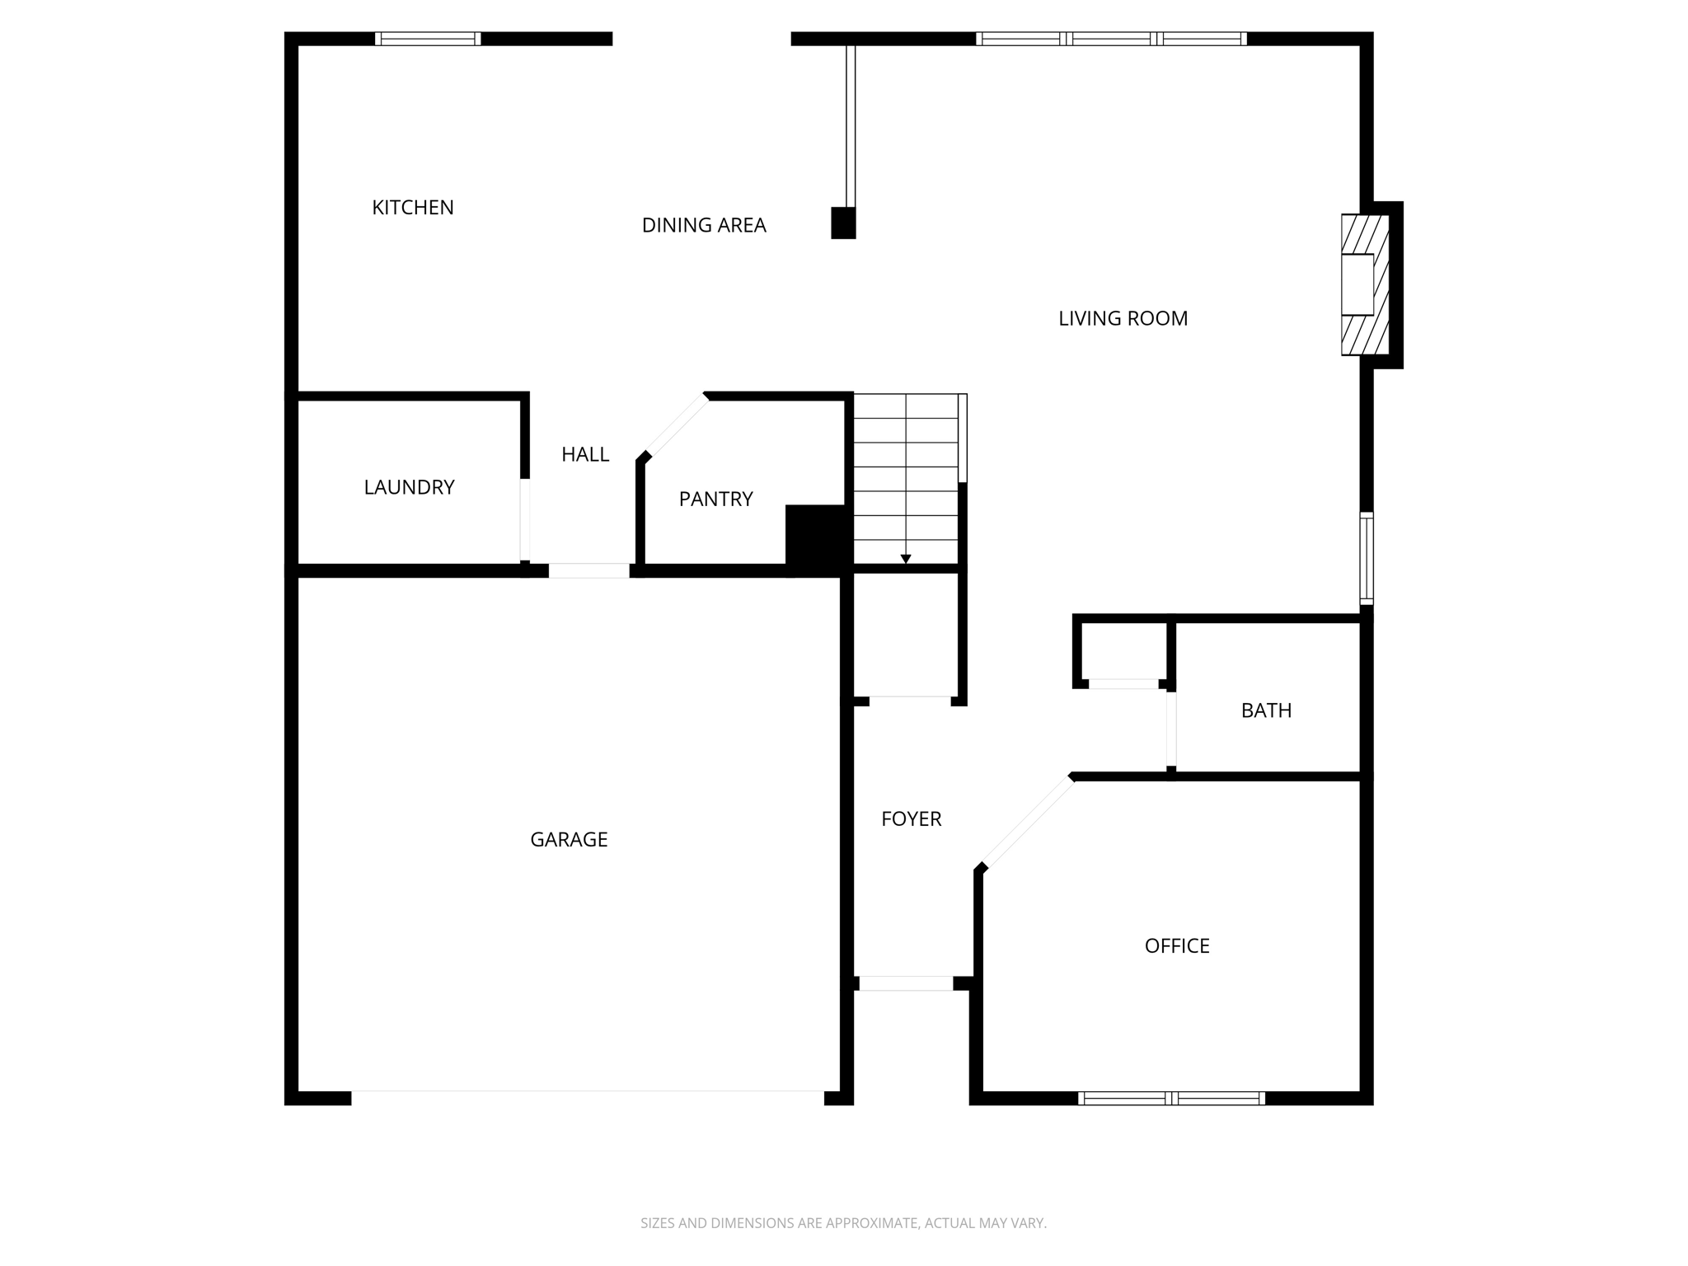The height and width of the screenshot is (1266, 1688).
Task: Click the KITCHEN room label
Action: (413, 208)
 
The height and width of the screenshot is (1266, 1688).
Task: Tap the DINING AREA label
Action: (704, 225)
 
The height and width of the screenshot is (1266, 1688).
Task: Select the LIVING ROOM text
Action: (1123, 318)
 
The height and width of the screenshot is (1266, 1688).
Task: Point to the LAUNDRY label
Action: (409, 487)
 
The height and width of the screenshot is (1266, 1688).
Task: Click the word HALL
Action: (585, 454)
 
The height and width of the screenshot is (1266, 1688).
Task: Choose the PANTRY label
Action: (715, 499)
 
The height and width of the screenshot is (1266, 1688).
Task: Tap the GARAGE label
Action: (569, 839)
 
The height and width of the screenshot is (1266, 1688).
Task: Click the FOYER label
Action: (911, 818)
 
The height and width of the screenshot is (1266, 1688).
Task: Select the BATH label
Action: (1266, 710)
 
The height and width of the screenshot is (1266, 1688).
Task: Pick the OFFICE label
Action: (1177, 945)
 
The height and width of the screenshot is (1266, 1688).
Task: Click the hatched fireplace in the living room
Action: (1364, 284)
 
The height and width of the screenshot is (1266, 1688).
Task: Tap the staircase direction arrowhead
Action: (906, 560)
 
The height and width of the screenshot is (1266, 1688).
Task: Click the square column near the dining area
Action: (843, 223)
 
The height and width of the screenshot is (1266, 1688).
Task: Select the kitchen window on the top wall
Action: (428, 39)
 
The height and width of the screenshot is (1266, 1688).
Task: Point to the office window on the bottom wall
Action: (1171, 1098)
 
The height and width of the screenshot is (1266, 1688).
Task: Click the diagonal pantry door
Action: (676, 425)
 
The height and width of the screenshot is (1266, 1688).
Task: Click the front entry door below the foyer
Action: (906, 983)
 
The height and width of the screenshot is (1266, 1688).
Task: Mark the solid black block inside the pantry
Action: (816, 537)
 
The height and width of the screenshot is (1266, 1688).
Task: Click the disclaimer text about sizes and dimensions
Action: (843, 1223)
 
